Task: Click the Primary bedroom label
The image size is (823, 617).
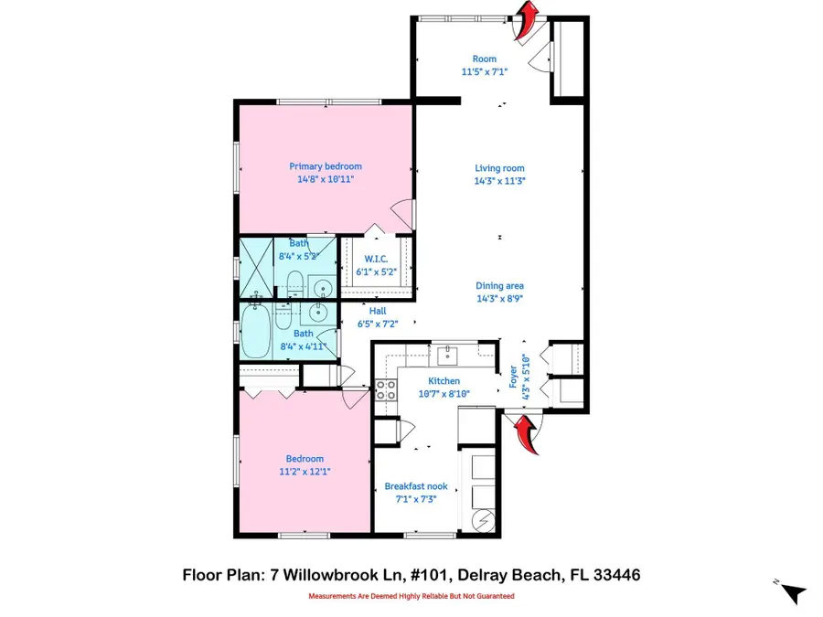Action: [326, 166]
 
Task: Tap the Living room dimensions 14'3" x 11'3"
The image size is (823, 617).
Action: [499, 181]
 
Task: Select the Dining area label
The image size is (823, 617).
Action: [499, 286]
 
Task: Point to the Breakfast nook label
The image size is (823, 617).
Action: [410, 486]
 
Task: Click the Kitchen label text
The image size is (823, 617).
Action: [444, 381]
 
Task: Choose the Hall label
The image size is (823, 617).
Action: [378, 311]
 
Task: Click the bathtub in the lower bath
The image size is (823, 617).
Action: [258, 333]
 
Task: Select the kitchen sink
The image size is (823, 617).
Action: [448, 353]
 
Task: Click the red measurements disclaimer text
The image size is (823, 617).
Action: [411, 596]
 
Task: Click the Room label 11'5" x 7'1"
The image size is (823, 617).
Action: [484, 65]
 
